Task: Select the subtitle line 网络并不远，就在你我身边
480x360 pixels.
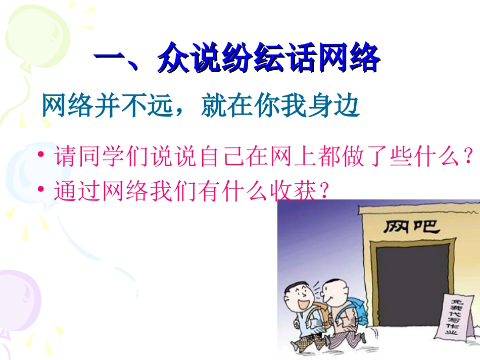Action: pyautogui.click(x=201, y=106)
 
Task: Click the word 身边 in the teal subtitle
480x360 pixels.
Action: pyautogui.click(x=340, y=106)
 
